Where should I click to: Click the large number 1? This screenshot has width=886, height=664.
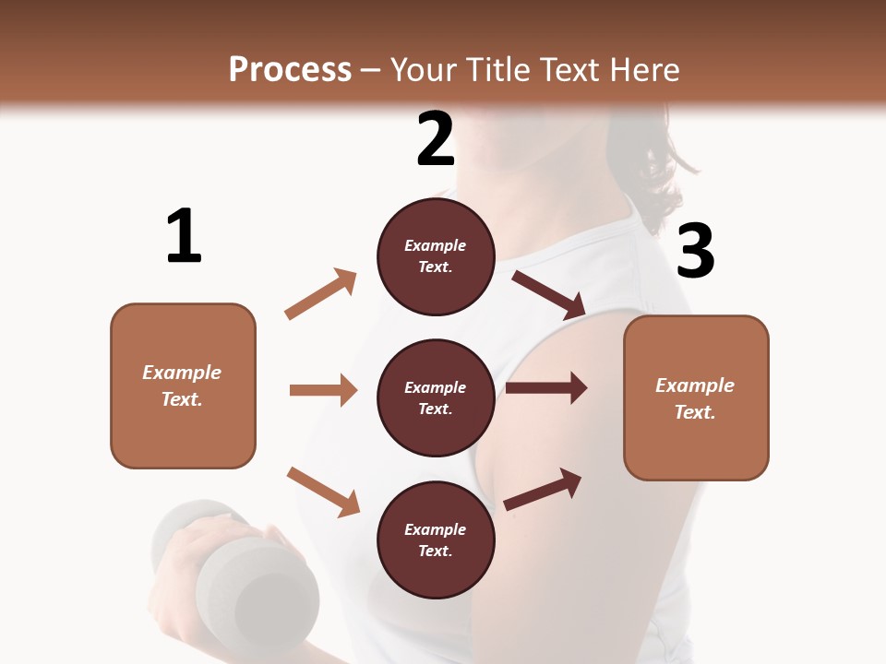point(184,236)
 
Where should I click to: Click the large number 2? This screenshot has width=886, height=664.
point(436,139)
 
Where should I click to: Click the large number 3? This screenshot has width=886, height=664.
point(695,252)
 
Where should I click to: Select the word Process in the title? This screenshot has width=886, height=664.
point(290,69)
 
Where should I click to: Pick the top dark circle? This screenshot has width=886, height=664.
point(436,256)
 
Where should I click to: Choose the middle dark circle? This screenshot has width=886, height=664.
point(436,398)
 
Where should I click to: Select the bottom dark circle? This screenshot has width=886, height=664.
point(436,540)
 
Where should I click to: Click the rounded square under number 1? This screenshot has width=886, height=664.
point(183,385)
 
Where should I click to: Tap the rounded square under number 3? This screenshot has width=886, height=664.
point(696,398)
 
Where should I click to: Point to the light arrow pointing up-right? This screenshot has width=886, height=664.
point(321,294)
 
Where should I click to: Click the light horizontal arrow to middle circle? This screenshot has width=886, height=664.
point(323,390)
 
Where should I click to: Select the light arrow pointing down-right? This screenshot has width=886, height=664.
point(323,491)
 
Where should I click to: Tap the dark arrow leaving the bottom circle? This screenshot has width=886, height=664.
point(543,489)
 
